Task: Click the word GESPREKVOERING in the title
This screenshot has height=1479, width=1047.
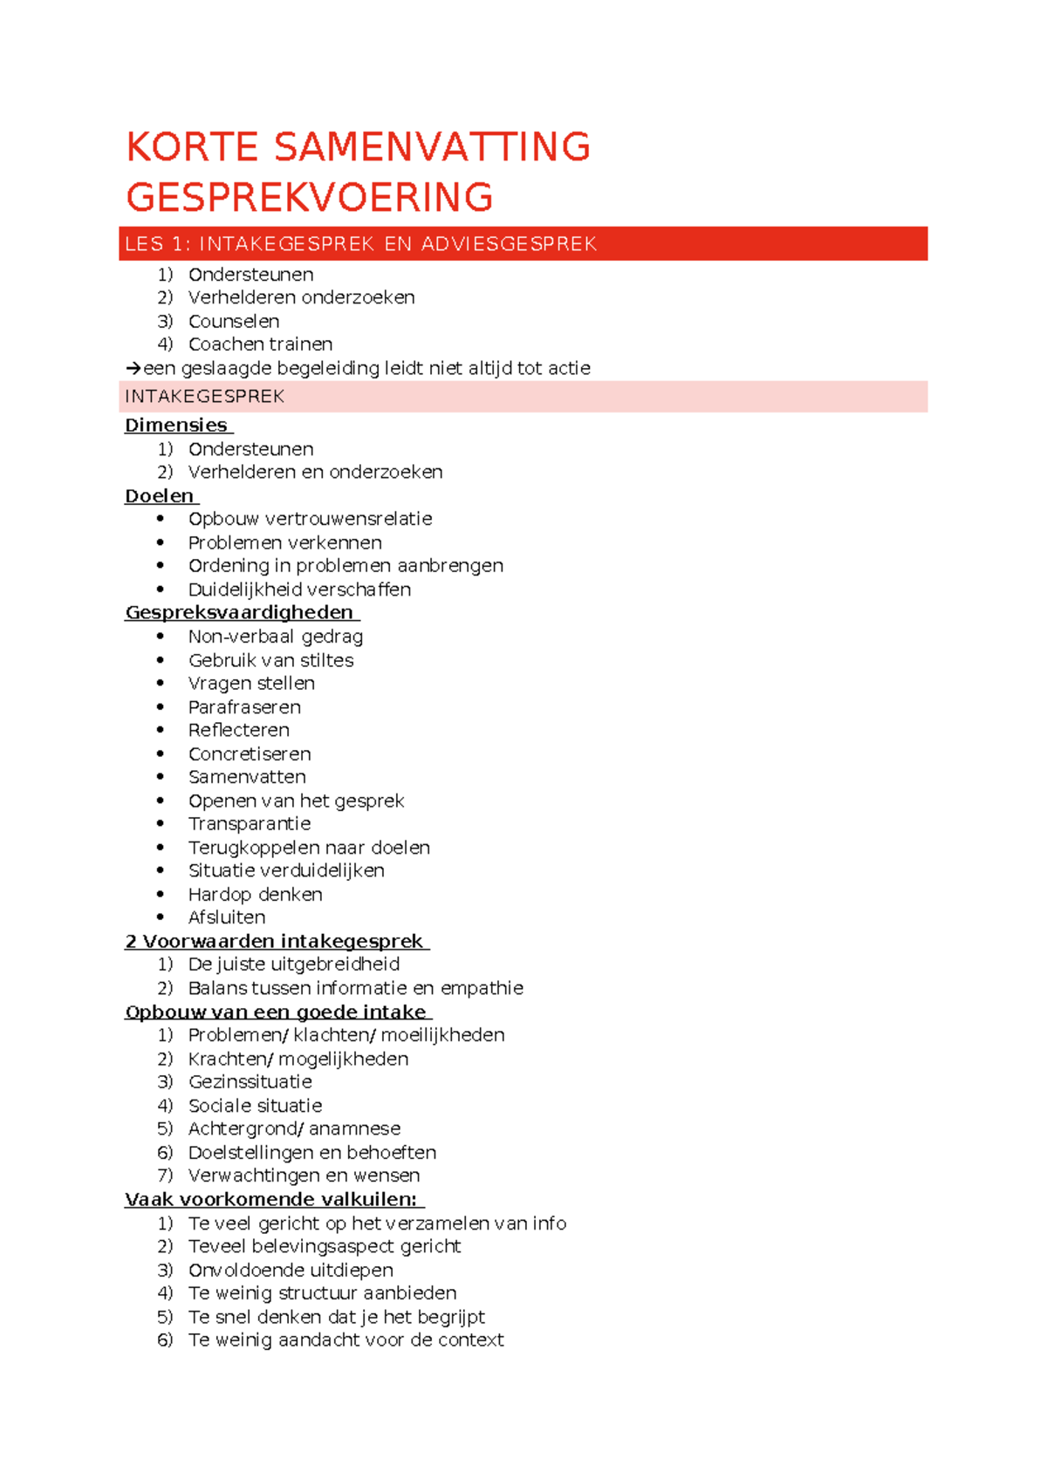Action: click(x=310, y=197)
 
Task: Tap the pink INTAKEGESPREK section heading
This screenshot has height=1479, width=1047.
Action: click(x=205, y=397)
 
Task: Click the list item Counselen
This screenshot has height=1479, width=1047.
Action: click(x=234, y=321)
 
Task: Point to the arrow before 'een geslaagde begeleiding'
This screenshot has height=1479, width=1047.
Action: click(x=133, y=369)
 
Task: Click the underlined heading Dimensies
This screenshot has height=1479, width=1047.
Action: click(x=176, y=426)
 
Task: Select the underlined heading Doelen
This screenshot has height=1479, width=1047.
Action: click(x=160, y=496)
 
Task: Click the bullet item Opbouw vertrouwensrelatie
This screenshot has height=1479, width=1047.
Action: click(x=310, y=519)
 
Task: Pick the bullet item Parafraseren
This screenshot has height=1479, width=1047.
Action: click(x=244, y=707)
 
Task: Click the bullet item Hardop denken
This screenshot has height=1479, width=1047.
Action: click(x=255, y=895)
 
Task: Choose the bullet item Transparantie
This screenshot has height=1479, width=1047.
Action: click(x=250, y=824)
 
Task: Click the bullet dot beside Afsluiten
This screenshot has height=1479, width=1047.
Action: click(x=161, y=917)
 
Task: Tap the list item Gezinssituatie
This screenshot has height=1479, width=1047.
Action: click(x=250, y=1082)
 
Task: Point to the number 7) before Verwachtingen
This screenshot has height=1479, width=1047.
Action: click(x=165, y=1176)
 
